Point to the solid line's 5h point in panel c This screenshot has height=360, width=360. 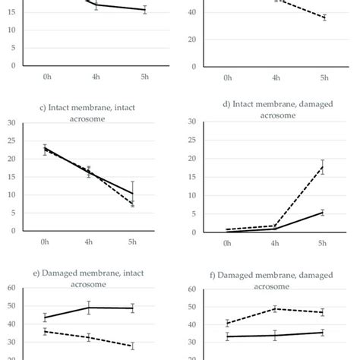[x=133, y=194]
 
